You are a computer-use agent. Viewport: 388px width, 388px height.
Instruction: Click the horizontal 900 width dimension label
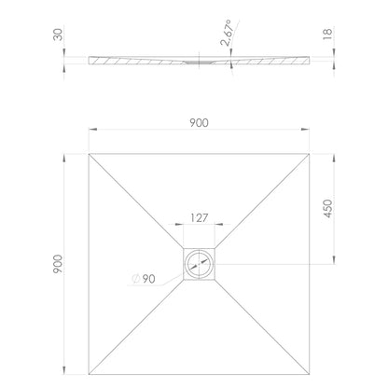(x=199, y=123)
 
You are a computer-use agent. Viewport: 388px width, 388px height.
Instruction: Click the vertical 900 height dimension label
(x=58, y=264)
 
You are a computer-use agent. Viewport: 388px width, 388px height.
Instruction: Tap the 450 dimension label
(x=328, y=208)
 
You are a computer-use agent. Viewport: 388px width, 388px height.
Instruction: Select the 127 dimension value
(x=199, y=218)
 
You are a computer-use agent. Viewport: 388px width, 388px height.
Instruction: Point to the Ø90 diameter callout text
(x=144, y=279)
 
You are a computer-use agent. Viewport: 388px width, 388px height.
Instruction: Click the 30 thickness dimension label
(x=58, y=35)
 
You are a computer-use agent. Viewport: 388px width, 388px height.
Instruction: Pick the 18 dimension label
(x=327, y=34)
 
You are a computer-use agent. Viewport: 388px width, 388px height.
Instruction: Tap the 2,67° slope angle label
(x=227, y=33)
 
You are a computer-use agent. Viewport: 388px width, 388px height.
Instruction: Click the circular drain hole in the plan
(x=199, y=264)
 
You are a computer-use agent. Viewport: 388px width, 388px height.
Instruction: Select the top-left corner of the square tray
(x=89, y=154)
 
